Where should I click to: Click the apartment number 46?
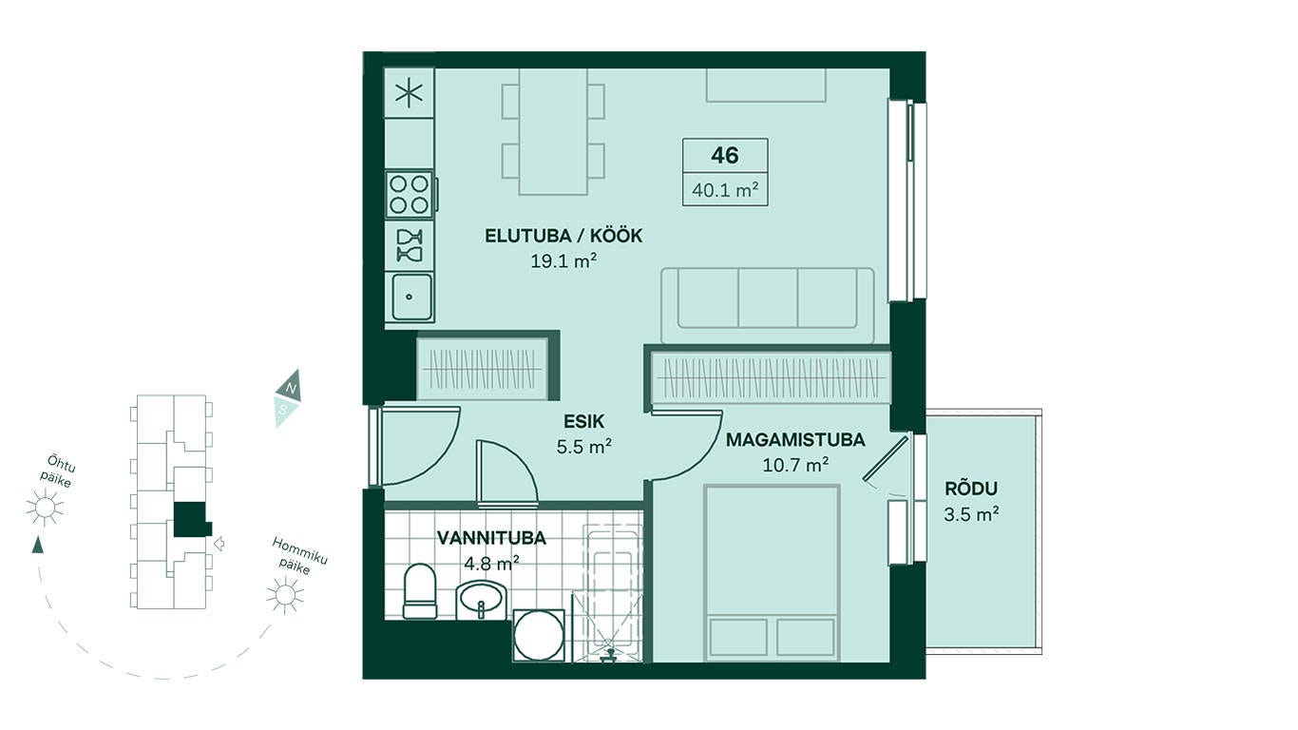[x=725, y=155]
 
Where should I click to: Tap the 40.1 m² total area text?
[x=725, y=189]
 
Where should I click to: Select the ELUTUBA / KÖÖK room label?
[x=563, y=236]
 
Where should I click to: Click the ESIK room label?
[x=584, y=421]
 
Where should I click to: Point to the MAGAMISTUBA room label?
[x=795, y=440]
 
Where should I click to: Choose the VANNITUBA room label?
[x=491, y=538]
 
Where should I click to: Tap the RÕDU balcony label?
[x=971, y=489]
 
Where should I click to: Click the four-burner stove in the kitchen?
[x=410, y=194]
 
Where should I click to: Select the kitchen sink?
[x=410, y=297]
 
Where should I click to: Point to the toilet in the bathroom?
[x=420, y=591]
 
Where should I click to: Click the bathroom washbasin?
[x=481, y=600]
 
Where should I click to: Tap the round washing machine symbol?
[x=539, y=636]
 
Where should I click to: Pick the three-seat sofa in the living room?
[x=767, y=305]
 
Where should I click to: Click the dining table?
[x=553, y=131]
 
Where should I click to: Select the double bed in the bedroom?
[x=772, y=573]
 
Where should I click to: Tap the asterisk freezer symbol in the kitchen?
[x=410, y=93]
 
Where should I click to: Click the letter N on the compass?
[x=292, y=388]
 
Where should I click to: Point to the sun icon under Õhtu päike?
[x=45, y=508]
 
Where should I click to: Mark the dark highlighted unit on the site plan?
[x=191, y=519]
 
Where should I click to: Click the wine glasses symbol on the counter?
[x=410, y=245]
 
